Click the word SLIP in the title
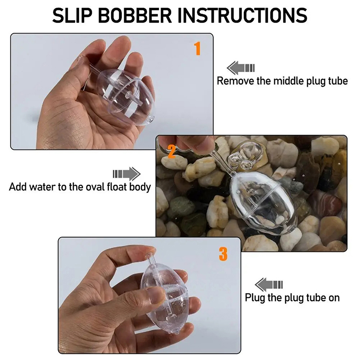tap(72, 15)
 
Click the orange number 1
tap(197, 49)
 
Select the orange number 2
tap(172, 152)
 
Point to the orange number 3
tap(223, 254)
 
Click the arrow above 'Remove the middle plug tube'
tap(240, 68)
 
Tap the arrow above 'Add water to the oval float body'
tap(126, 174)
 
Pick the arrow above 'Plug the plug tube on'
tap(269, 285)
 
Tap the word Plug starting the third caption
tap(255, 298)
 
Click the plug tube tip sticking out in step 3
tap(150, 257)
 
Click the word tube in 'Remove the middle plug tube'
tap(338, 81)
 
